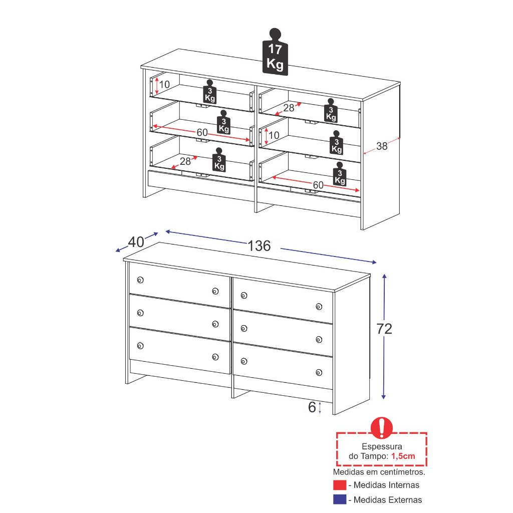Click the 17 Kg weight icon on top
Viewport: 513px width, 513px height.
point(275,52)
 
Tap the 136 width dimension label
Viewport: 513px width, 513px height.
point(259,246)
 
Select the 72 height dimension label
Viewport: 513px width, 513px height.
point(384,329)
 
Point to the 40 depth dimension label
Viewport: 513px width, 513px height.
point(136,242)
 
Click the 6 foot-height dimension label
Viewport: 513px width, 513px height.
point(312,407)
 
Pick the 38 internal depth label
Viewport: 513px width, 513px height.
point(382,146)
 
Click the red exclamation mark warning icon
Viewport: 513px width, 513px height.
point(381,428)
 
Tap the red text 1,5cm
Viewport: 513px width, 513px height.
point(403,456)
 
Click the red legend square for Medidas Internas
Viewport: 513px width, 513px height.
point(340,485)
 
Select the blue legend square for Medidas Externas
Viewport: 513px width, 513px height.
point(340,499)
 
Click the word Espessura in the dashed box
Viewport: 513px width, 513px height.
point(382,446)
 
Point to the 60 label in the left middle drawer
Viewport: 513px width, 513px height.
point(202,132)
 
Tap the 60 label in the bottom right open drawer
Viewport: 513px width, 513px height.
point(318,185)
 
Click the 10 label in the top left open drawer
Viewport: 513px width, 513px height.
point(164,84)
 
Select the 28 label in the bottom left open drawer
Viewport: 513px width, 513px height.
point(185,161)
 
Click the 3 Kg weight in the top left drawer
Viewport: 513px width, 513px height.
point(210,91)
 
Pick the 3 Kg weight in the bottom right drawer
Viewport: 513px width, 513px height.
point(340,174)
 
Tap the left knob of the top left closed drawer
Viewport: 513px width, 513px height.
point(140,280)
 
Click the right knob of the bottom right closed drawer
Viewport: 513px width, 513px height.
point(319,372)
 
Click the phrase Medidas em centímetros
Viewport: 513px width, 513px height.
point(379,472)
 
